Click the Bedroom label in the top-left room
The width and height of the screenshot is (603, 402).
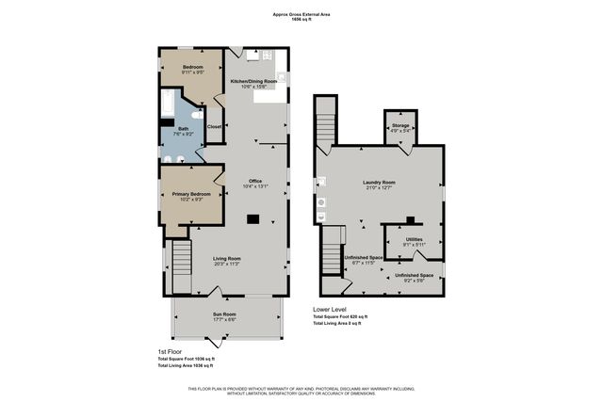pyautogui.click(x=192, y=68)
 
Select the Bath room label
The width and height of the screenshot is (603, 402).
pyautogui.click(x=183, y=129)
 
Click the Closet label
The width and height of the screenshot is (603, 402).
pyautogui.click(x=214, y=126)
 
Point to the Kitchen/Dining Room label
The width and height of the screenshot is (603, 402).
pyautogui.click(x=254, y=82)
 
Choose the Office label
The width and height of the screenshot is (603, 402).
pyautogui.click(x=254, y=181)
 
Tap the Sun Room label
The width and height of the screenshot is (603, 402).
pyautogui.click(x=223, y=314)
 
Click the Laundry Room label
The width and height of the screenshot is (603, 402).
pyautogui.click(x=379, y=183)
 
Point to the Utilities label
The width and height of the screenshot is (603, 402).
pyautogui.click(x=415, y=239)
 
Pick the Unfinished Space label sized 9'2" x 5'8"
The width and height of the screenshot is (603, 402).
pyautogui.click(x=413, y=275)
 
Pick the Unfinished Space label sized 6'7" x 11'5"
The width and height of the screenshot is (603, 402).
pyautogui.click(x=363, y=257)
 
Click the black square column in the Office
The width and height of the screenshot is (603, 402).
pyautogui.click(x=253, y=219)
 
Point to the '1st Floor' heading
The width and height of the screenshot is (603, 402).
pyautogui.click(x=169, y=351)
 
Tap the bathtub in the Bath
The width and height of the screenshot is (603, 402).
pyautogui.click(x=168, y=103)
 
